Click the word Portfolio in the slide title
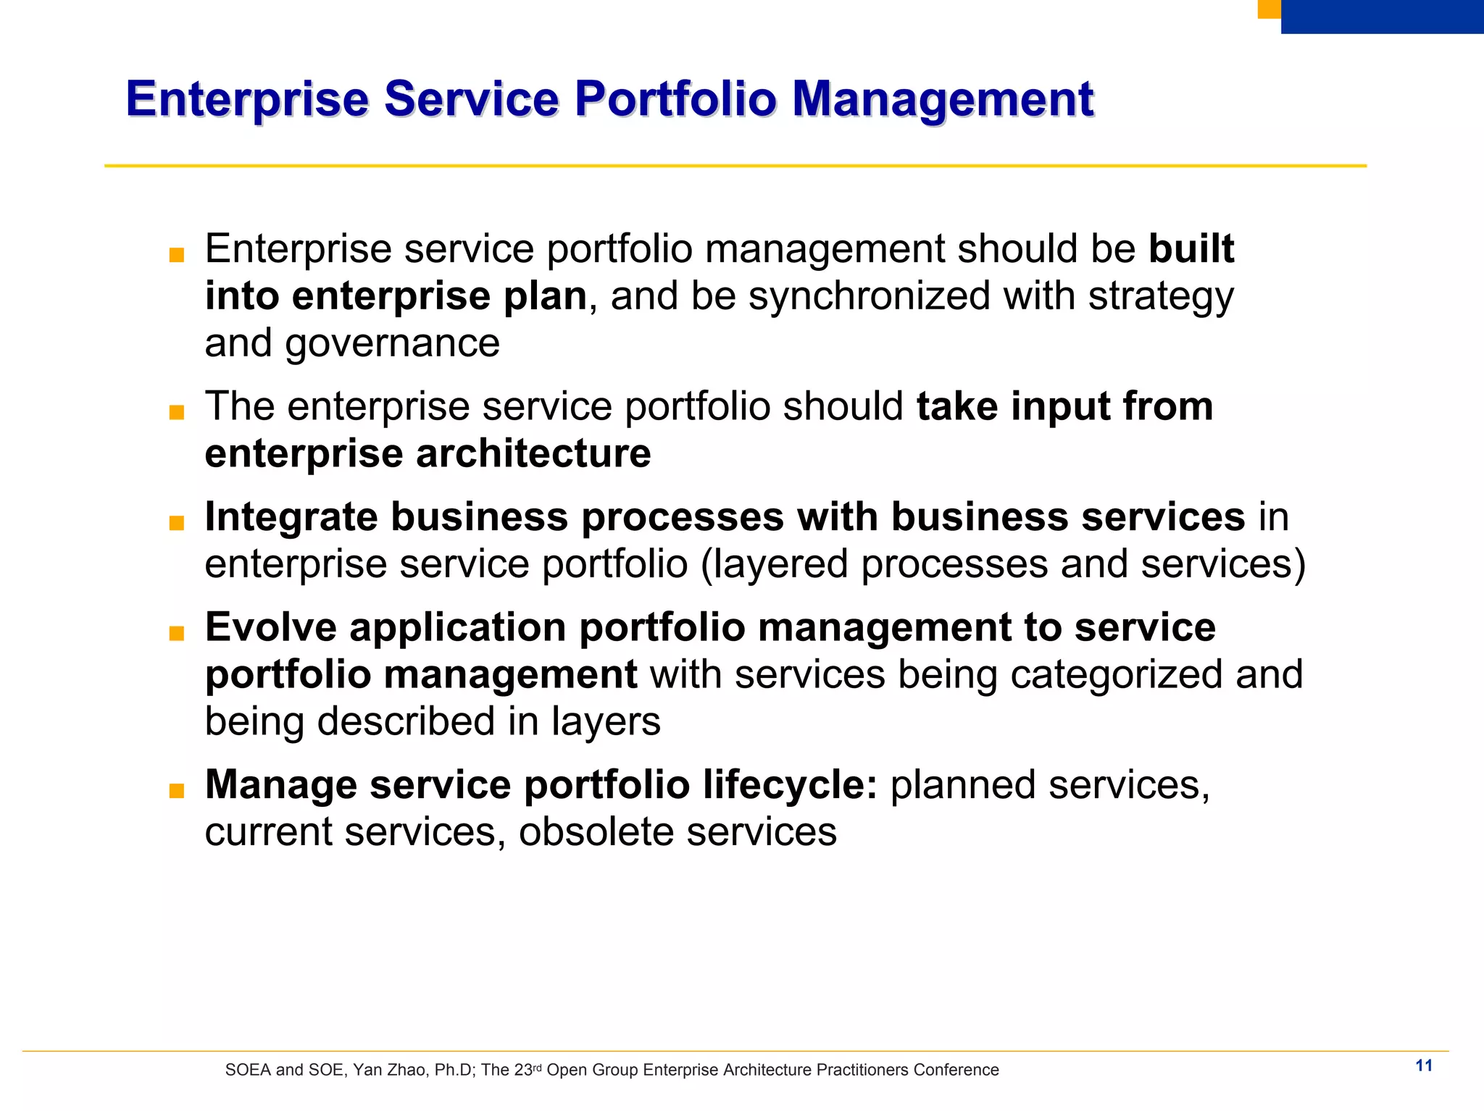675,99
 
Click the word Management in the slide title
942,99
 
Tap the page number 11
1424,1065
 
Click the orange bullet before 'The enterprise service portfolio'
176,413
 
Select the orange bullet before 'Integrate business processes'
176,523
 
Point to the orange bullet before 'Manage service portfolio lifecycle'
176,791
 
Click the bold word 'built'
1191,248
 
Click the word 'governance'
392,343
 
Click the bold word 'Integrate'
291,518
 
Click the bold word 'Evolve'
271,627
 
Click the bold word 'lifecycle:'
790,784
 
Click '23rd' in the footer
527,1070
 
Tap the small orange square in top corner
1269,9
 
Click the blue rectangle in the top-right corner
1382,16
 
